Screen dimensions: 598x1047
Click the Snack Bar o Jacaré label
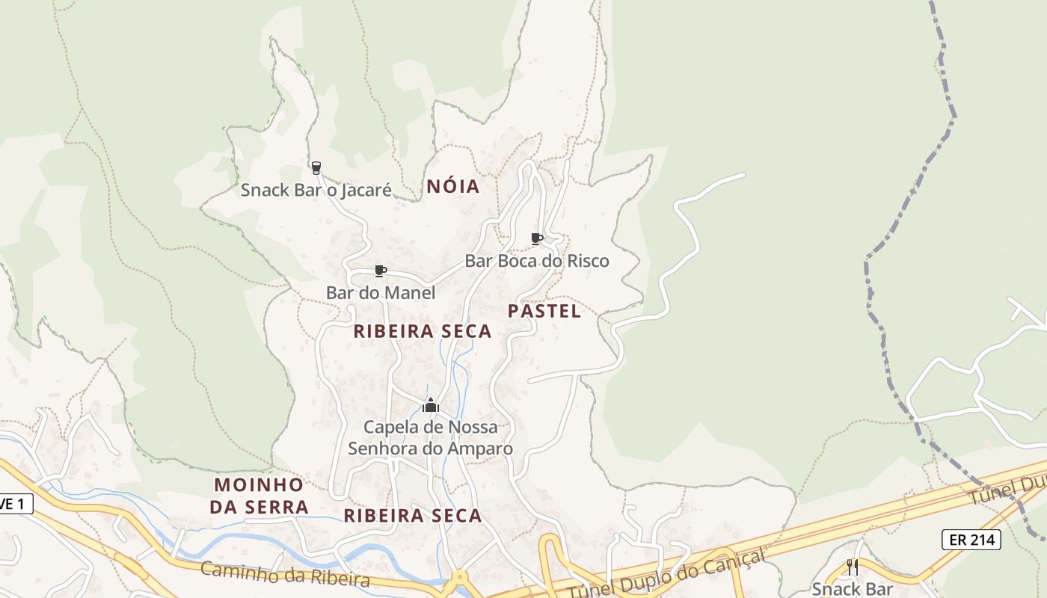click(316, 190)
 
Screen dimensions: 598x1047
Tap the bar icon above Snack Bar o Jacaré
click(316, 167)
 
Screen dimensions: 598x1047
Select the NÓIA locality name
click(452, 187)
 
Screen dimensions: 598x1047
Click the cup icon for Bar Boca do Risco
click(536, 238)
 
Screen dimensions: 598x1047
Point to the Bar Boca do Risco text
click(537, 261)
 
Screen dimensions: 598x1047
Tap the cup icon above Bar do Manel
click(380, 271)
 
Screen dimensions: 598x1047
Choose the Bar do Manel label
click(380, 293)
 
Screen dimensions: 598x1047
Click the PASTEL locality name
click(544, 312)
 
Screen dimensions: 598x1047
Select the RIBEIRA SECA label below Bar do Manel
click(422, 331)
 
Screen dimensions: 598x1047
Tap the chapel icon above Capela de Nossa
click(430, 406)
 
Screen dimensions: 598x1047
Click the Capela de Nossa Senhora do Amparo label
click(430, 438)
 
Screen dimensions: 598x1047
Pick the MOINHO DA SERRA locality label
click(259, 496)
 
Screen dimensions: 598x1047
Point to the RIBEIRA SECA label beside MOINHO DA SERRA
click(412, 516)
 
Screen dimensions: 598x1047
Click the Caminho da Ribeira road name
click(285, 575)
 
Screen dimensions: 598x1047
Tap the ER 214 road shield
click(971, 539)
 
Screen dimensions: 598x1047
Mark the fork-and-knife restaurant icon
click(853, 567)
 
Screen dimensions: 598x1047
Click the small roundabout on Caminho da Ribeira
click(458, 579)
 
